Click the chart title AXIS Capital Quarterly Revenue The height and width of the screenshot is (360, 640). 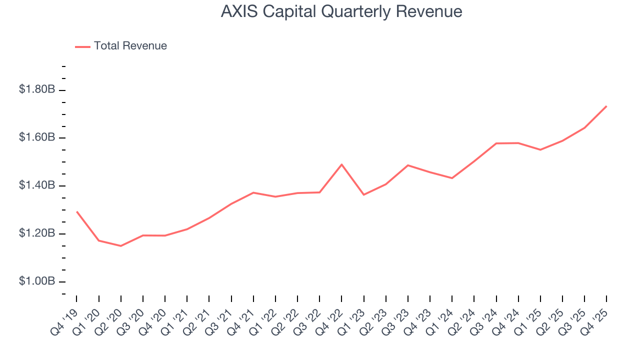point(341,11)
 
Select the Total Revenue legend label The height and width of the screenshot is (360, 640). point(130,46)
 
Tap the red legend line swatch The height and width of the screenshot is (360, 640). point(82,46)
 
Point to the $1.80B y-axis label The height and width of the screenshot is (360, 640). point(36,89)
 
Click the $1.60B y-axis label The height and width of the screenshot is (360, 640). point(36,137)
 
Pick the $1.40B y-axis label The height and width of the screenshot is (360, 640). point(36,185)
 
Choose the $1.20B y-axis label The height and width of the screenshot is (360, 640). point(36,233)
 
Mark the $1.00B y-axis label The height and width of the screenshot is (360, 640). point(36,281)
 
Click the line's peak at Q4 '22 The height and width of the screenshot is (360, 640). point(341,164)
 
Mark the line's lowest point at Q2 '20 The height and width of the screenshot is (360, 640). point(120,246)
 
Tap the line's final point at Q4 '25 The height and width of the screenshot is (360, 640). point(606,106)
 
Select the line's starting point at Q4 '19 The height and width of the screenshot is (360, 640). point(76,211)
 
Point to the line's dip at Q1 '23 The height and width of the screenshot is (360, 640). point(363,194)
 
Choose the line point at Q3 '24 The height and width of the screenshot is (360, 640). point(496,143)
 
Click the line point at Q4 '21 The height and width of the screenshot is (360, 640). point(253,192)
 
